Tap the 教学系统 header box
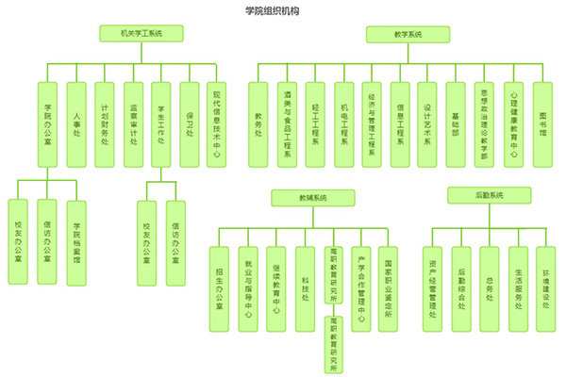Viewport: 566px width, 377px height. pyautogui.click(x=408, y=34)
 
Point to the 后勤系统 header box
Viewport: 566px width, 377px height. pyautogui.click(x=489, y=195)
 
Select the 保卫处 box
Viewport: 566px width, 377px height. pyautogui.click(x=190, y=122)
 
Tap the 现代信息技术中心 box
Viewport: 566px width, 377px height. pyautogui.click(x=218, y=122)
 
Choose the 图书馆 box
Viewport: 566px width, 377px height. pyautogui.click(x=543, y=122)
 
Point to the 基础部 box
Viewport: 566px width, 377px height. pyautogui.click(x=457, y=122)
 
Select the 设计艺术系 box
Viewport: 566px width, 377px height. pyautogui.click(x=428, y=122)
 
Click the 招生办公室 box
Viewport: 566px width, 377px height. pyautogui.click(x=220, y=287)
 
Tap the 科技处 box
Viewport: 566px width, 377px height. pyautogui.click(x=305, y=287)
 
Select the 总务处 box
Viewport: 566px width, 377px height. pyautogui.click(x=489, y=287)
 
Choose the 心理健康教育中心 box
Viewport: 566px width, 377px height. pyautogui.click(x=514, y=122)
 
